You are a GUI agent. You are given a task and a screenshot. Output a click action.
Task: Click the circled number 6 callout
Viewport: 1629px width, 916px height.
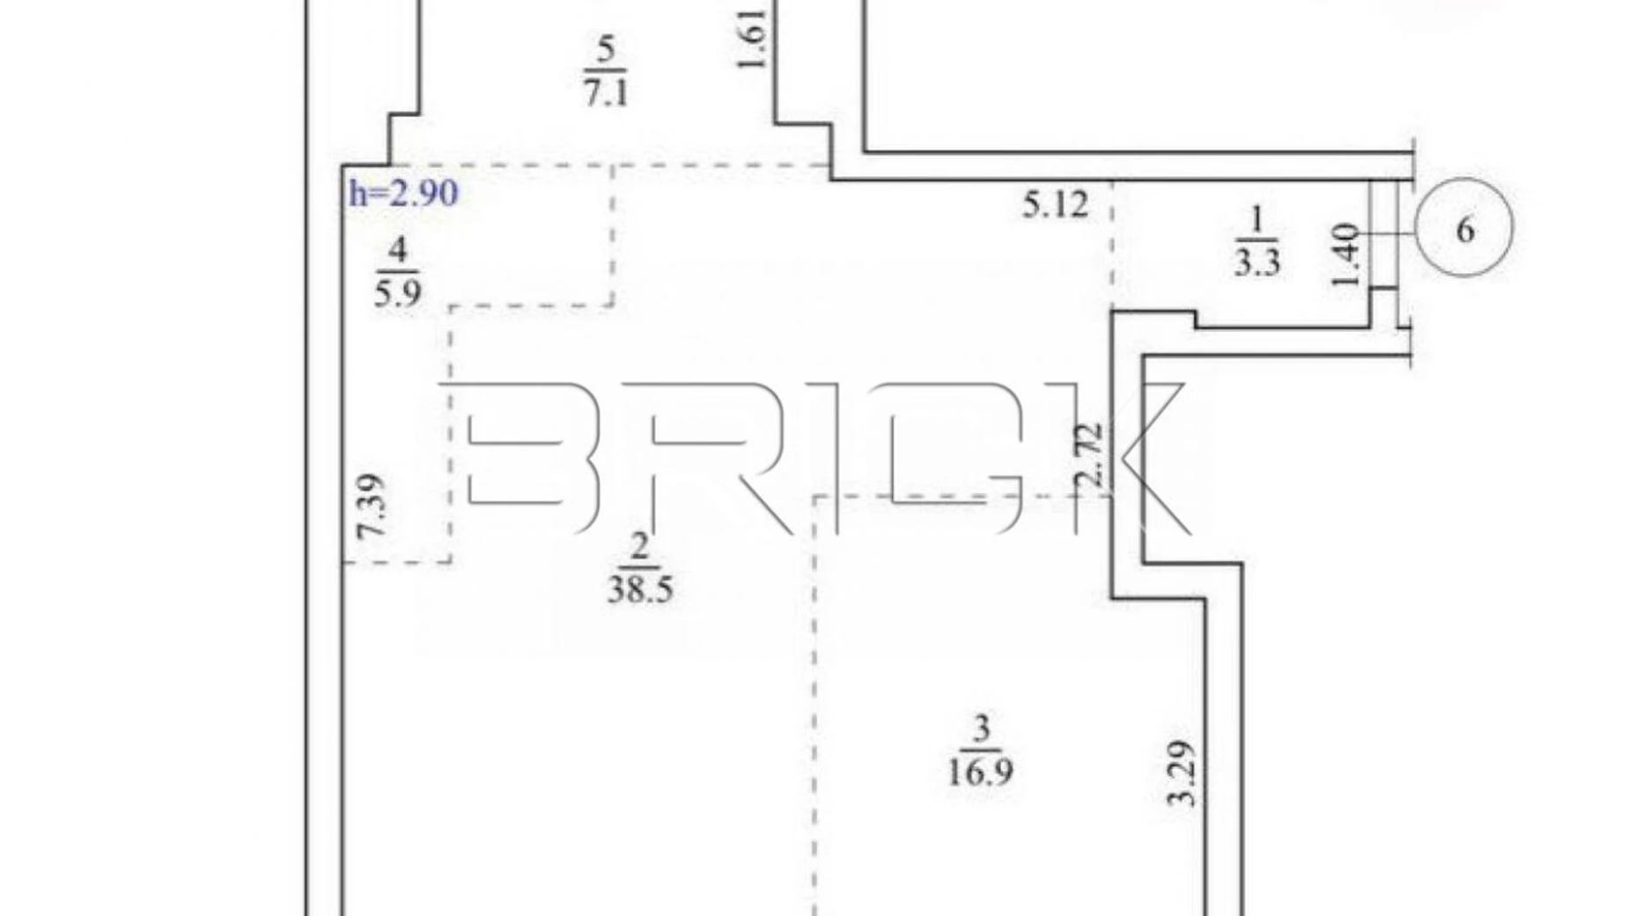pyautogui.click(x=1463, y=228)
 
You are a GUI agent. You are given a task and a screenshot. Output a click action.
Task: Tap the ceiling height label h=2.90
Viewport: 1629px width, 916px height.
pyautogui.click(x=403, y=193)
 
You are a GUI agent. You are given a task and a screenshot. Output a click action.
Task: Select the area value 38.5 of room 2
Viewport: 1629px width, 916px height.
pyautogui.click(x=640, y=588)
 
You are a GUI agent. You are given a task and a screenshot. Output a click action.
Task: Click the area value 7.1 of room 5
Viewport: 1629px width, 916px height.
pyautogui.click(x=606, y=91)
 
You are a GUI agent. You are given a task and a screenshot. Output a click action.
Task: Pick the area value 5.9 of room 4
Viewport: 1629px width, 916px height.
pyautogui.click(x=397, y=292)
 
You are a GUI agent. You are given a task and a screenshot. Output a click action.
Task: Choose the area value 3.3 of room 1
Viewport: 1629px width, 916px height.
pyautogui.click(x=1257, y=262)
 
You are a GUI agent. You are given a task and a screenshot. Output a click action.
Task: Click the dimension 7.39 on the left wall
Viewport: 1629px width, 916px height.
pyautogui.click(x=371, y=506)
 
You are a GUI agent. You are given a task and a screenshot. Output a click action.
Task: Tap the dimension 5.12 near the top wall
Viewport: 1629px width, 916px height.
pyautogui.click(x=1056, y=205)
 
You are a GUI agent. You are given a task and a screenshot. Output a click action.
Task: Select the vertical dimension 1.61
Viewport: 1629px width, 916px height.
pyautogui.click(x=755, y=38)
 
